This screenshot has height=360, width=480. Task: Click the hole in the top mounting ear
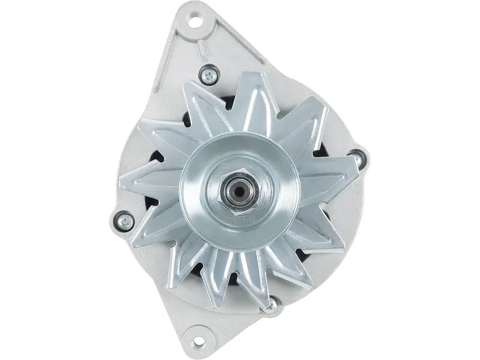pyautogui.click(x=195, y=23)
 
